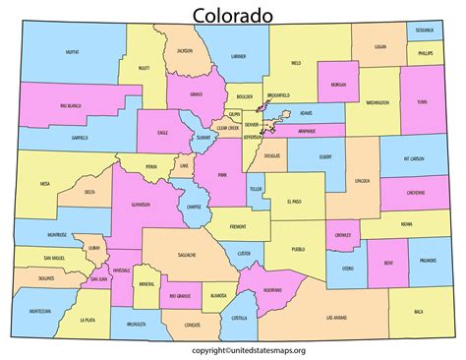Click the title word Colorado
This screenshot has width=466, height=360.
coord(233,16)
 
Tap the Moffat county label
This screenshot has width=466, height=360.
coord(72,53)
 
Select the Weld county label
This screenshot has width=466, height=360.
coord(296,63)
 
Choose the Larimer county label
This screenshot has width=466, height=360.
coord(237,57)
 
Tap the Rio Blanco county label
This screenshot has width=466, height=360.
coord(42,104)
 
